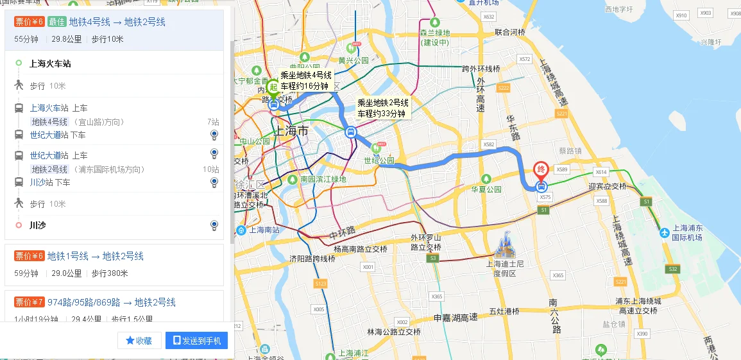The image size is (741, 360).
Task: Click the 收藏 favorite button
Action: click(x=139, y=341)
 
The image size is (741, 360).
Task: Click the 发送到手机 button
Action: click(x=196, y=341)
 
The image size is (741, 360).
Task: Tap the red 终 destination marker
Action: click(x=542, y=170)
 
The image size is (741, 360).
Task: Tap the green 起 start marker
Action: click(x=273, y=88)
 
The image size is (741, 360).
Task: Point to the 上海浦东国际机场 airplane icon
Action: click(x=664, y=232)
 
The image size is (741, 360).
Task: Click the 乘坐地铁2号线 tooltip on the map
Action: click(x=383, y=108)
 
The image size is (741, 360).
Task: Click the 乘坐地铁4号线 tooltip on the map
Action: click(x=305, y=80)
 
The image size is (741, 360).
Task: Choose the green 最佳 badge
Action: click(x=56, y=22)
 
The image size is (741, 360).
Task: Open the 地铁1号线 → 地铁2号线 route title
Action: click(x=96, y=256)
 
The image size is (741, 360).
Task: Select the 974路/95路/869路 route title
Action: click(x=112, y=302)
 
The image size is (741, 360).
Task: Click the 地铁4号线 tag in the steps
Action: click(x=49, y=122)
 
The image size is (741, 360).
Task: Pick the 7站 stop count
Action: click(x=213, y=122)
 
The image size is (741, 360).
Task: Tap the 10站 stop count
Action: click(x=211, y=169)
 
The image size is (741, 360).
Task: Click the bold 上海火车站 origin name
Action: click(x=50, y=63)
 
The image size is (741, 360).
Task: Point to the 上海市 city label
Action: click(x=291, y=131)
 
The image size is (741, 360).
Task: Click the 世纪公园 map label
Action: click(x=379, y=160)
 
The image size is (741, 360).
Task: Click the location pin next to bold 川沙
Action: click(x=214, y=225)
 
